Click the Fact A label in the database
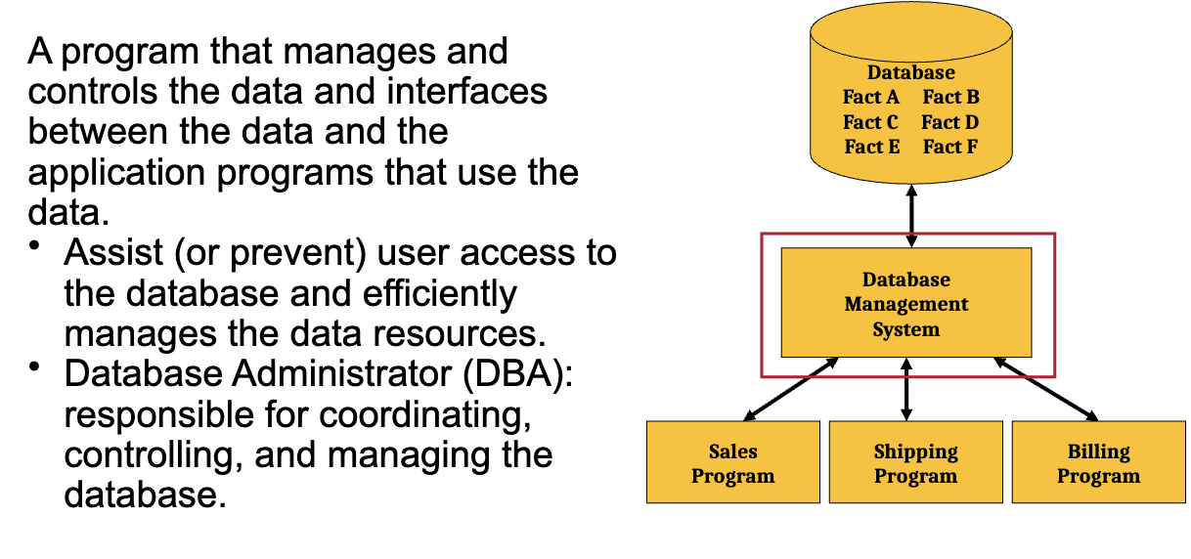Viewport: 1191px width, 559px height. click(870, 97)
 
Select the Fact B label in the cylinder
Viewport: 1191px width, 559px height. click(950, 97)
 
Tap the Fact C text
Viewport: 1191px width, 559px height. click(870, 122)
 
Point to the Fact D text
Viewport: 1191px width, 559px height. click(950, 122)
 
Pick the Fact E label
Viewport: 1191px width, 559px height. click(872, 147)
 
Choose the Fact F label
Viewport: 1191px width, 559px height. click(950, 147)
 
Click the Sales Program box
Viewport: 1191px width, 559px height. click(733, 461)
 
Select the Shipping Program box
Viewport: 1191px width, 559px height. click(915, 461)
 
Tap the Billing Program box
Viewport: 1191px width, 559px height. click(1098, 461)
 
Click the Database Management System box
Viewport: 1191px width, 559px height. click(906, 302)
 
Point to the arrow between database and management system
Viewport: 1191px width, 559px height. click(911, 216)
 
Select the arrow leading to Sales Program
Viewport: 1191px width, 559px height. click(791, 389)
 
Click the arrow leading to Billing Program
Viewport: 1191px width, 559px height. click(1046, 389)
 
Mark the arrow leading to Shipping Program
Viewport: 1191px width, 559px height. click(906, 389)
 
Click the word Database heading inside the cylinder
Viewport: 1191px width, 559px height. click(910, 72)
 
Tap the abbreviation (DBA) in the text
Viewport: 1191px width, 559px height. click(517, 373)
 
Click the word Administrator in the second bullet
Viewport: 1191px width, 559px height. click(342, 373)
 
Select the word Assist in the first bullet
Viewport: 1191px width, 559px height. click(113, 252)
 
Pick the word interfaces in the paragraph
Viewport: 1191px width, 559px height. click(466, 92)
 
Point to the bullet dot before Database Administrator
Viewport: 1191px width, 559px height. click(34, 366)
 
